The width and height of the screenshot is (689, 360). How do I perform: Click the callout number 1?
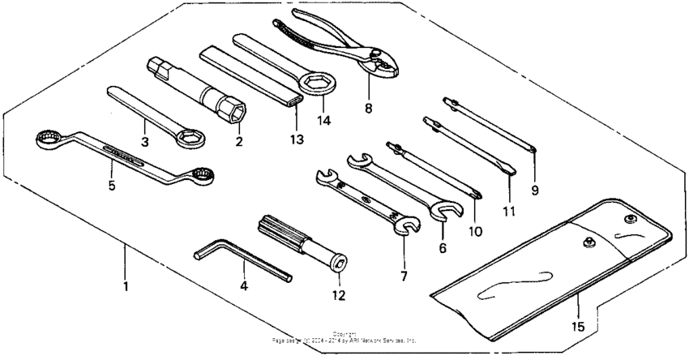[125, 286]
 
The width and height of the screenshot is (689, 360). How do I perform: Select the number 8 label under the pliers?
[368, 107]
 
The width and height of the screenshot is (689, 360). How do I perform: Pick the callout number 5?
[112, 186]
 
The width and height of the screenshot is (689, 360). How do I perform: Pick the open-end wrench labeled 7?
[365, 200]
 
